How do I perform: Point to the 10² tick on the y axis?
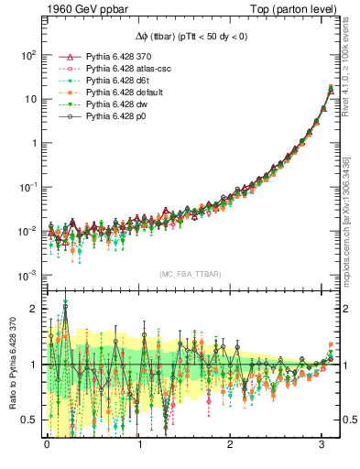[x=27, y=55]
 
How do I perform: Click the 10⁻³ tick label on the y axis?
[x=27, y=276]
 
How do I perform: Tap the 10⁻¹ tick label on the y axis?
[x=27, y=187]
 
